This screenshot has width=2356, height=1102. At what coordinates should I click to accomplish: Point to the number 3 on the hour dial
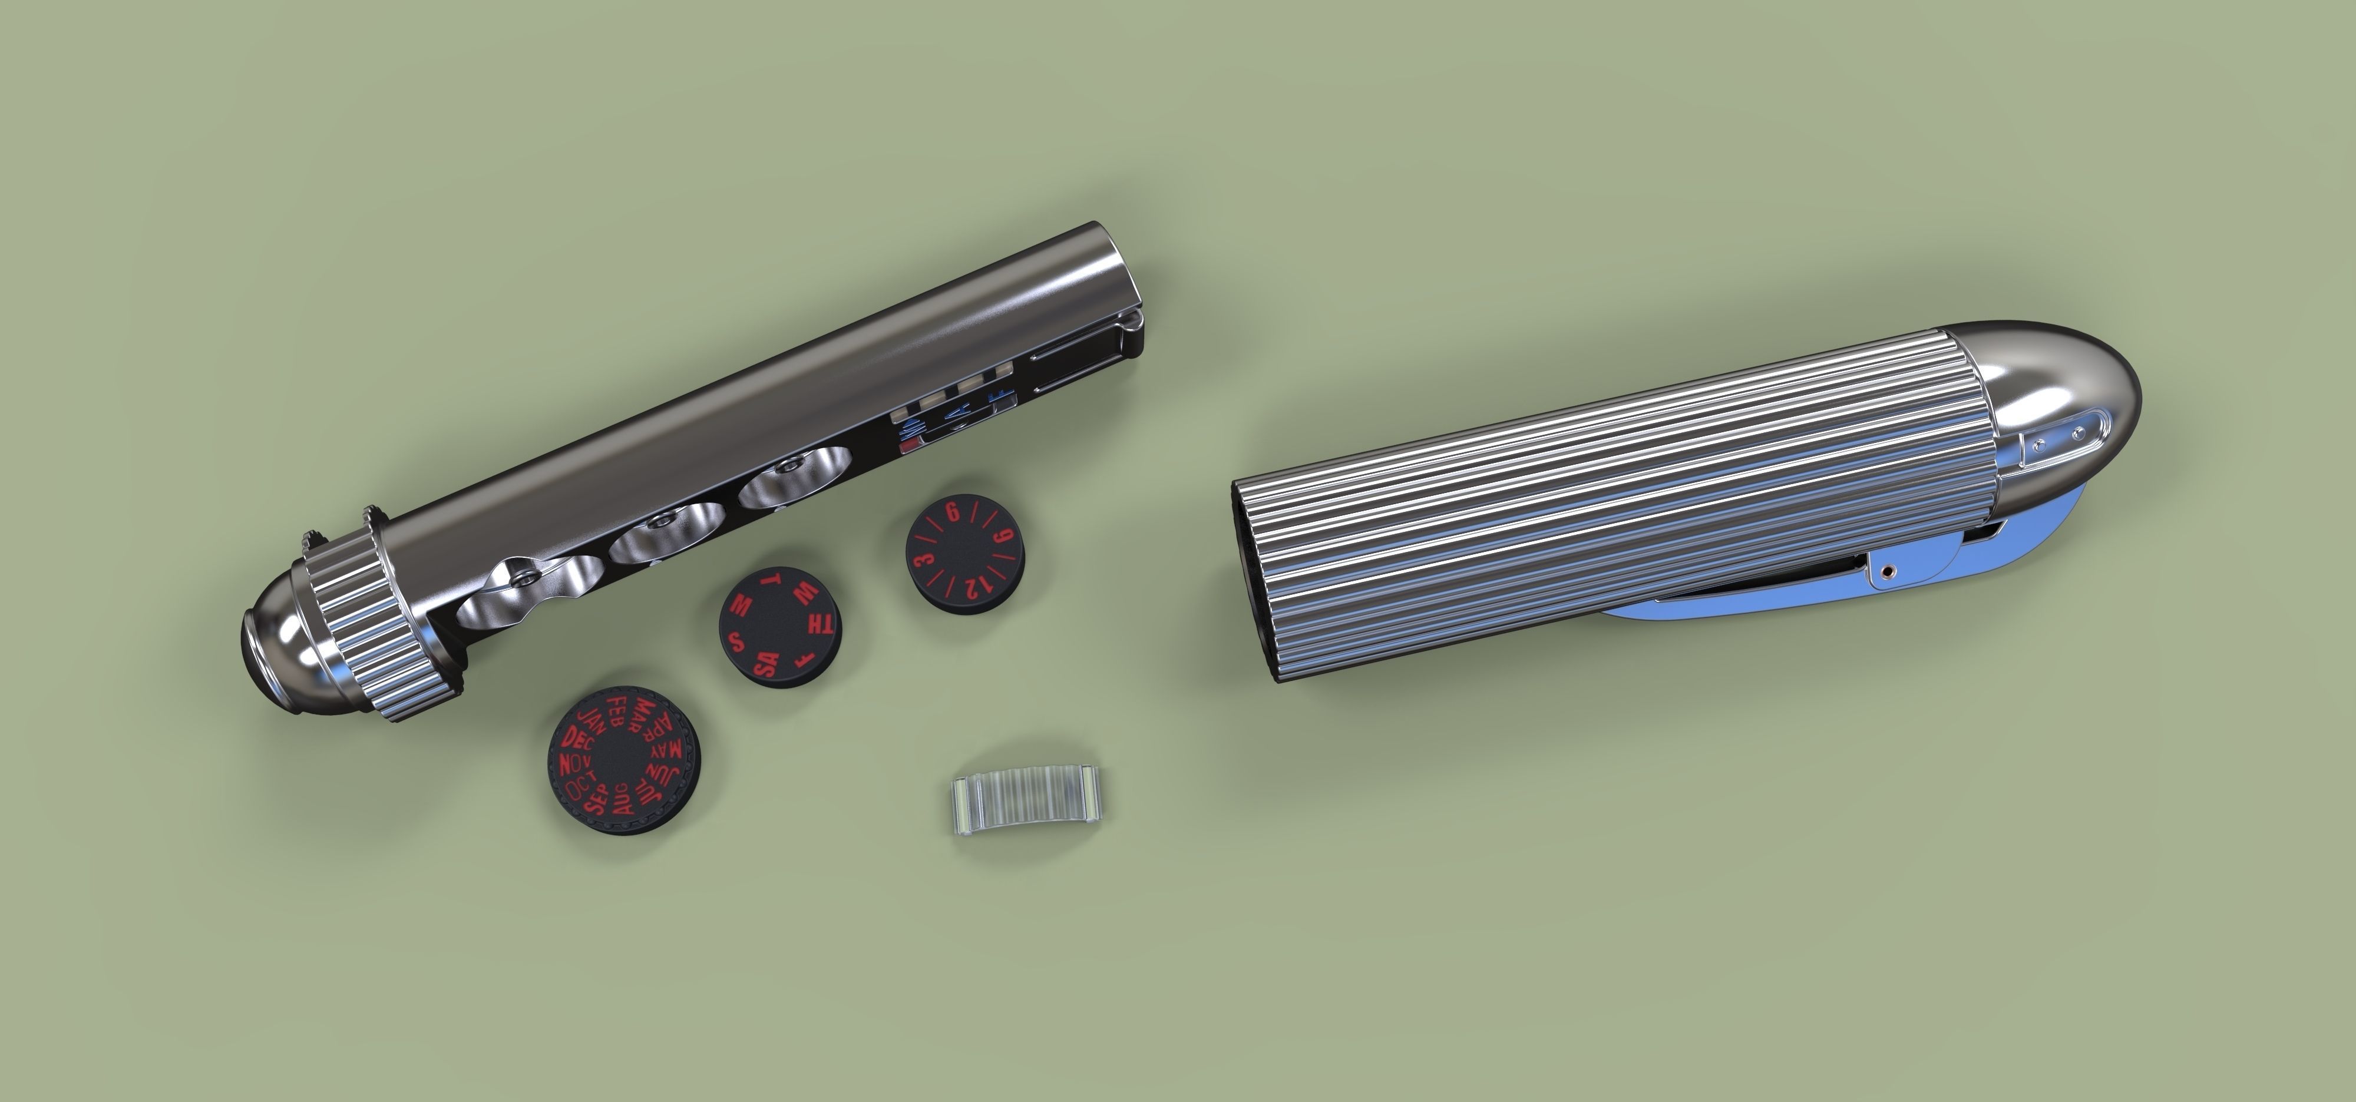tap(924, 559)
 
